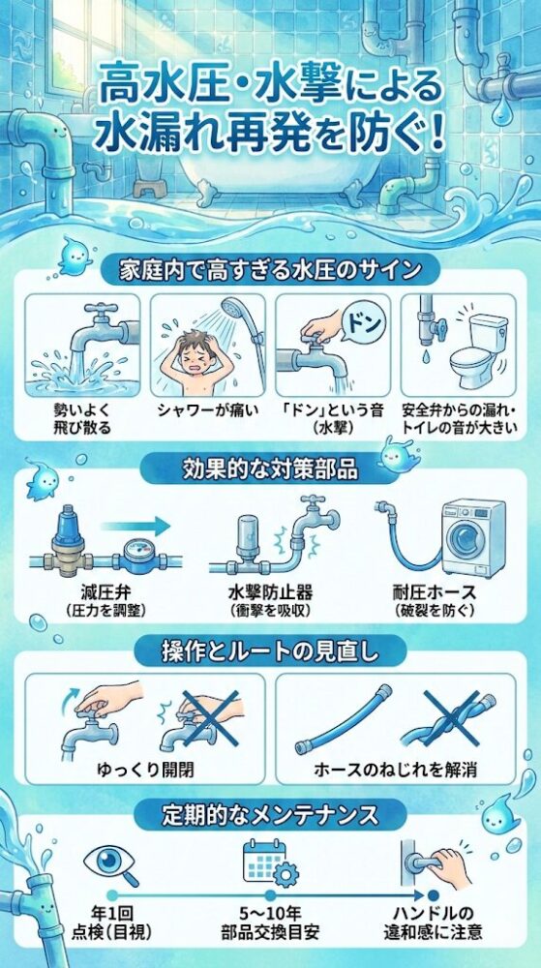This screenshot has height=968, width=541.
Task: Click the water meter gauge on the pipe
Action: click(135, 560)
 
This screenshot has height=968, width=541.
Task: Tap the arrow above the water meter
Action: click(135, 526)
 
